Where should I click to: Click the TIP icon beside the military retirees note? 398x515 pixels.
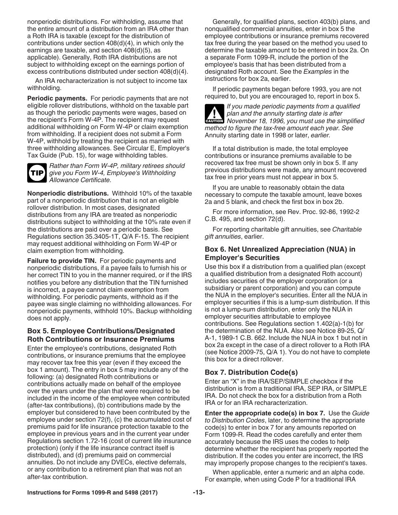(37, 173)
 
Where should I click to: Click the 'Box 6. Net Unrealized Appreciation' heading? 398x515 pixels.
(280, 253)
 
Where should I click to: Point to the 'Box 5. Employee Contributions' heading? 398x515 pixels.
(101, 335)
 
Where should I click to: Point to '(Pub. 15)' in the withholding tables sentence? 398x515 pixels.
(72, 155)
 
